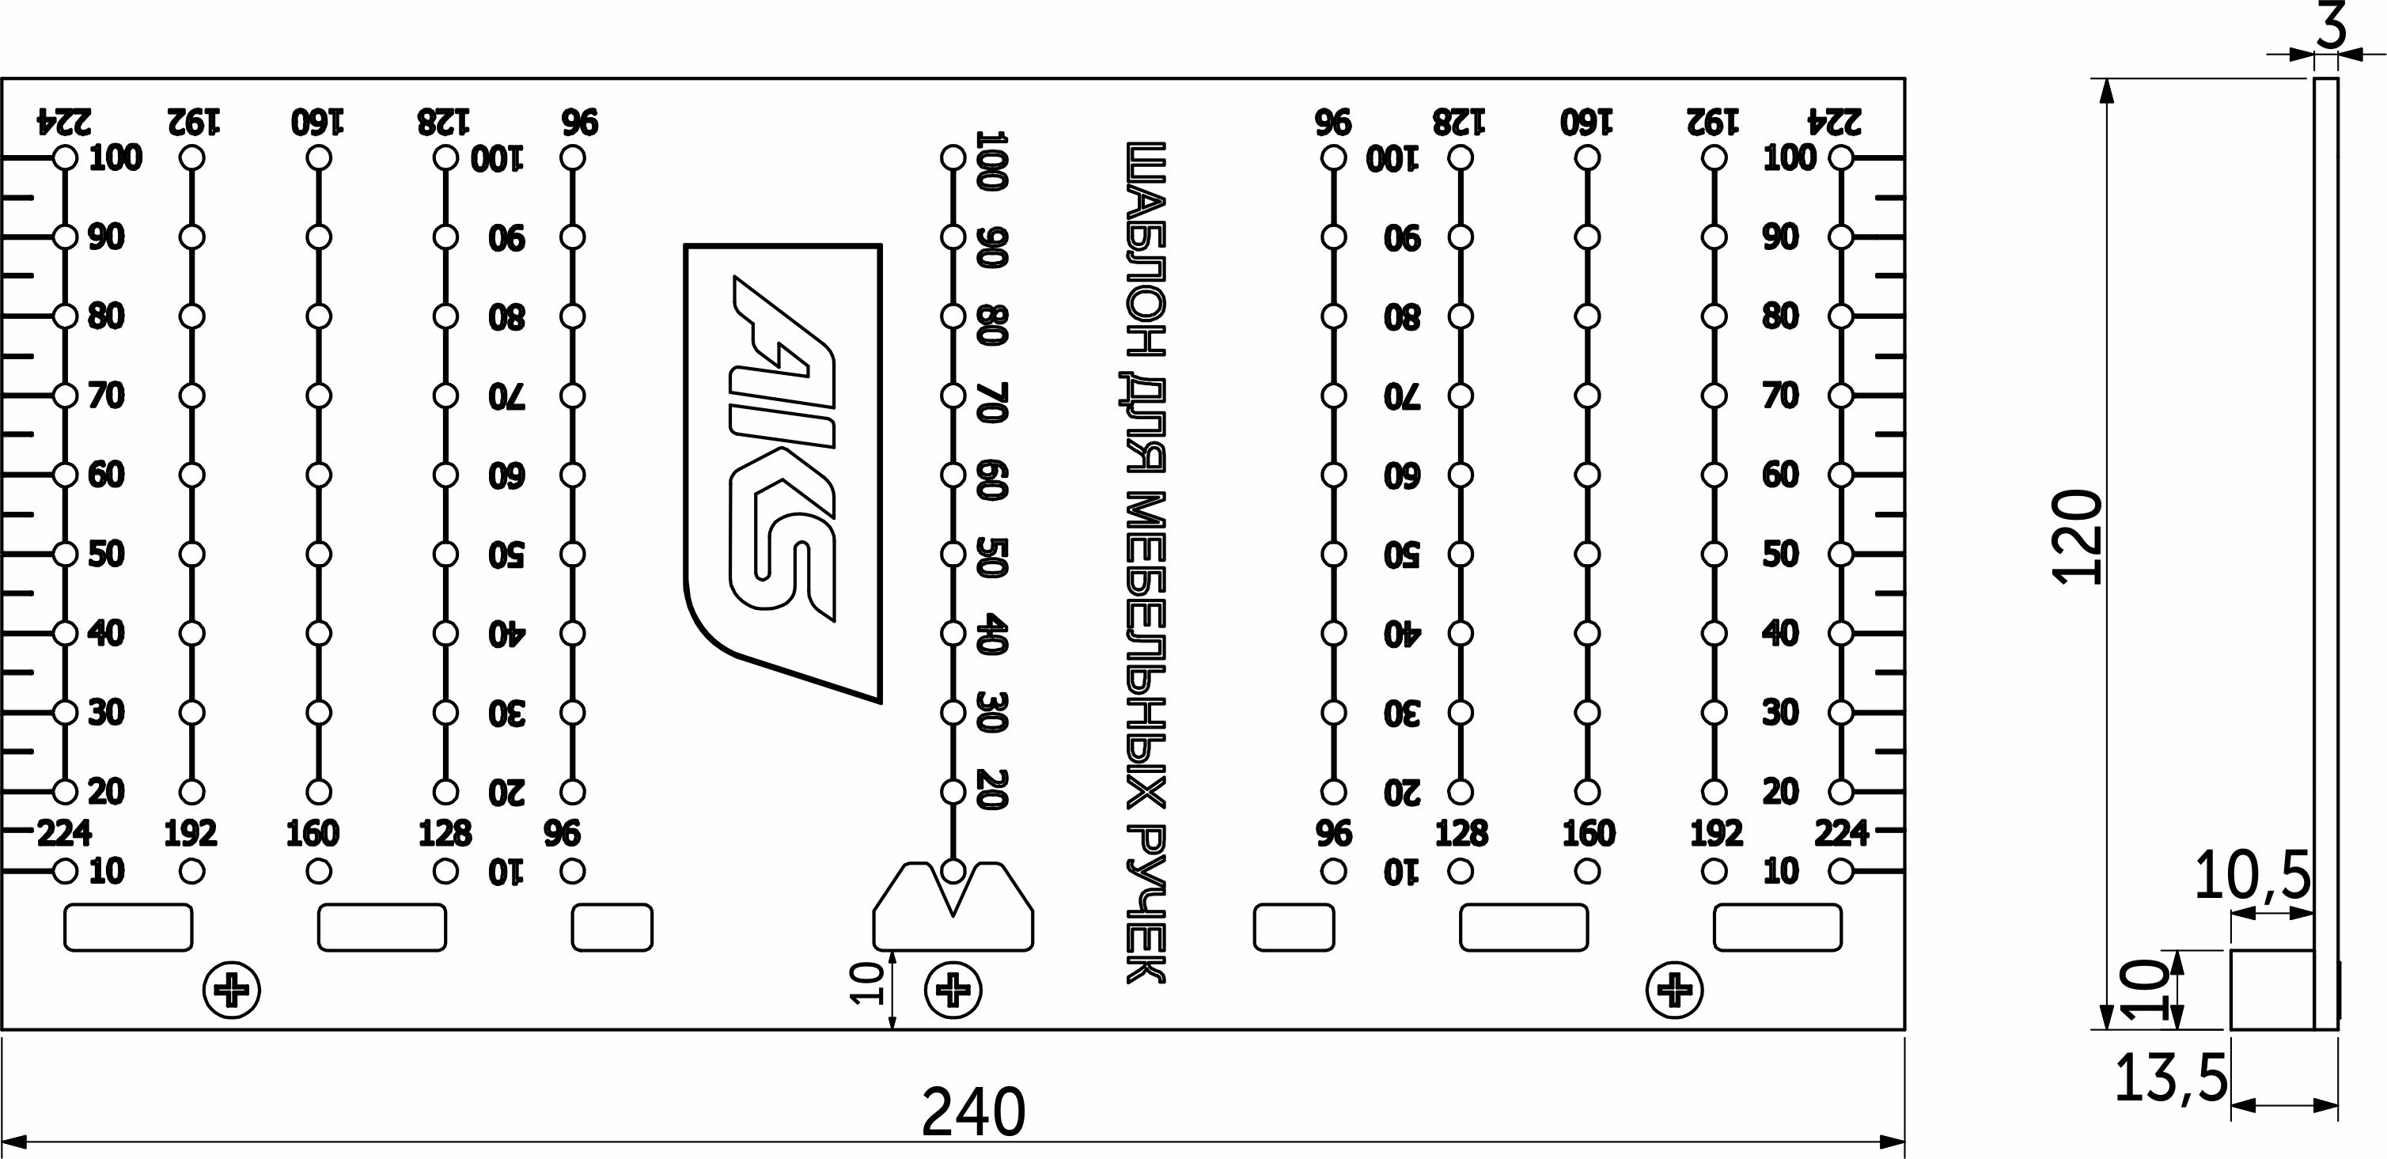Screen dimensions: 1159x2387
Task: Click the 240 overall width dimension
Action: pos(973,1112)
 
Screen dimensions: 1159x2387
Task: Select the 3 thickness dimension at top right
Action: pos(2332,27)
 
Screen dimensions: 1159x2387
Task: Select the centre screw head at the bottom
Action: pos(953,990)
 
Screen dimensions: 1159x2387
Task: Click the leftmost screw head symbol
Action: pos(232,990)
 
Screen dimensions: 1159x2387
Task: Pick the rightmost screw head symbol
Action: pos(1673,990)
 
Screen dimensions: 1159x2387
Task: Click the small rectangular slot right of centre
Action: pos(1294,927)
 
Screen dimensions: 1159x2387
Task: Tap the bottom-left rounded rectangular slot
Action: pos(128,927)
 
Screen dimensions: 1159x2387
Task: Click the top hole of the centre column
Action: pos(953,157)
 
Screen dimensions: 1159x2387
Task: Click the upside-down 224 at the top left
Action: pos(64,121)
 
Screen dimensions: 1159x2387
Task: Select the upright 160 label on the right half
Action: pos(1588,834)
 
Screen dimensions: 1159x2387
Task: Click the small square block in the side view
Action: pos(2270,990)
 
